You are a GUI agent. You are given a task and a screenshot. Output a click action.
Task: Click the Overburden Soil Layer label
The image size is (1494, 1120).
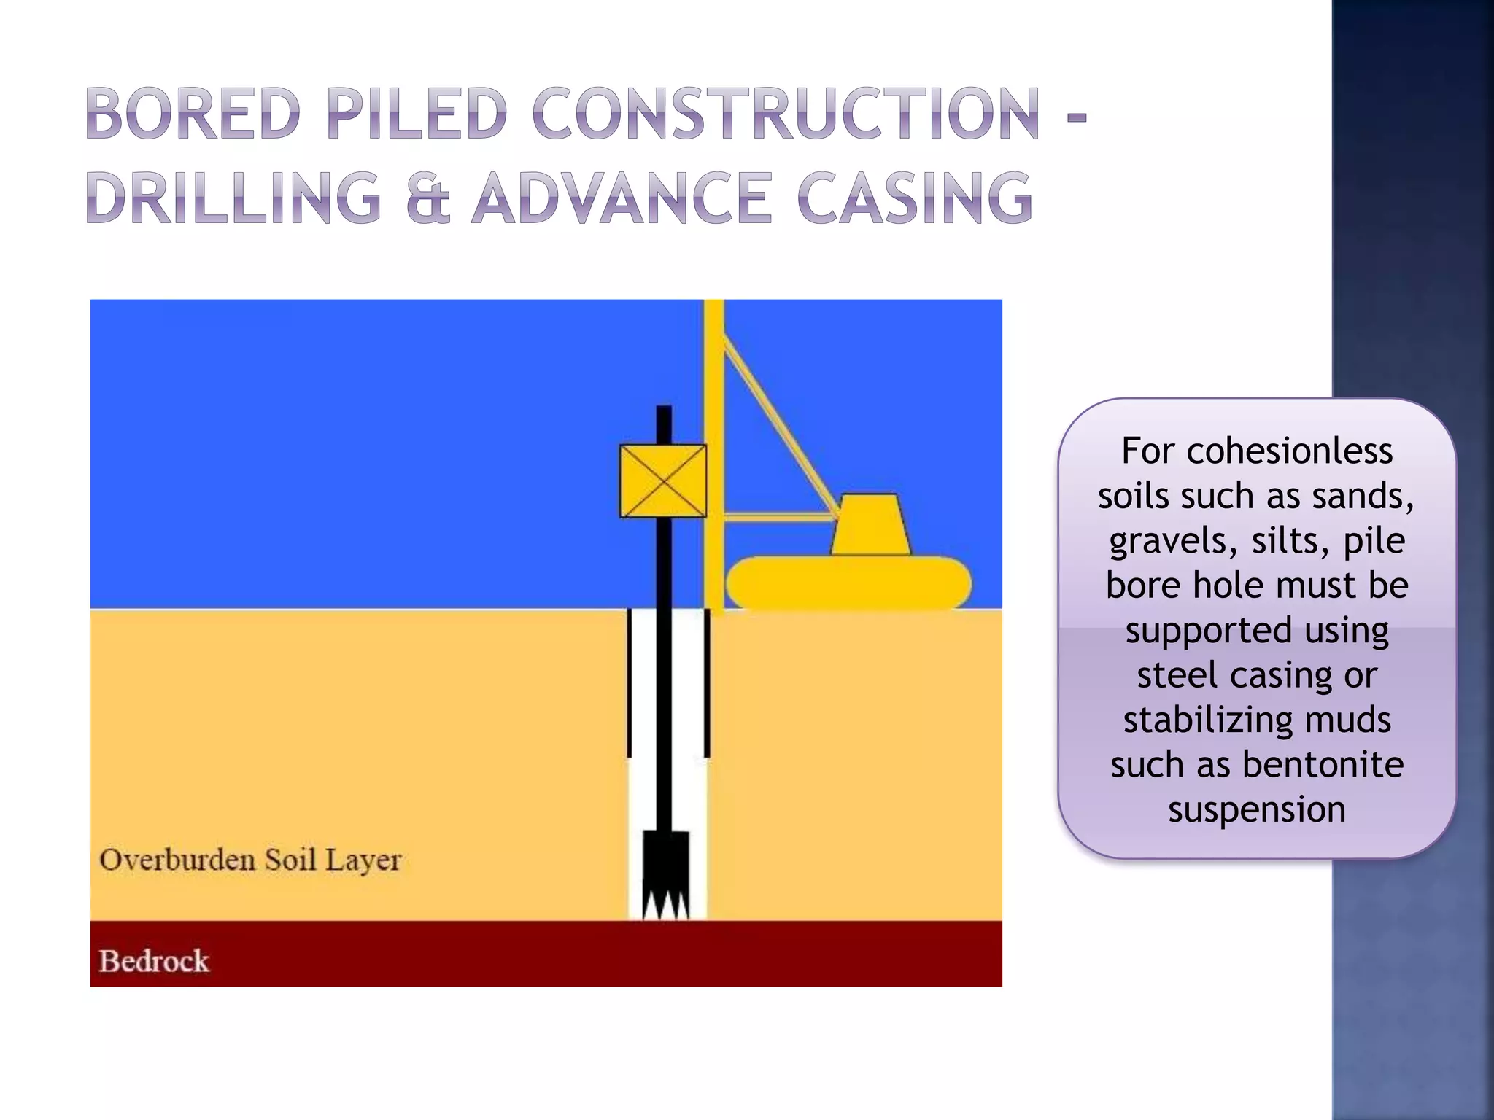[x=250, y=860]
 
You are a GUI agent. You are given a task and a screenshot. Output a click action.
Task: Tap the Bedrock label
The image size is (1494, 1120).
[x=154, y=961]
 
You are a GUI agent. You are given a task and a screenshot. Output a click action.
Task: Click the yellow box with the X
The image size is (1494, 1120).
[x=663, y=481]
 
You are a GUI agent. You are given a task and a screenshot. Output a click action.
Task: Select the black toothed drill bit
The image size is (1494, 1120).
[x=665, y=875]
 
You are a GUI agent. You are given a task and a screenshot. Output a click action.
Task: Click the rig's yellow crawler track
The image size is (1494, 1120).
[x=848, y=582]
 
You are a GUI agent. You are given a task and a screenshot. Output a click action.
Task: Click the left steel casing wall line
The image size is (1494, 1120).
[x=629, y=684]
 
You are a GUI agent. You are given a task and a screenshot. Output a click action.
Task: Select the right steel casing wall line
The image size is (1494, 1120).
[x=706, y=684]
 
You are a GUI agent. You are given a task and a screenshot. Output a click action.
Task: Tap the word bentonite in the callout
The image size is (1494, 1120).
[x=1323, y=765]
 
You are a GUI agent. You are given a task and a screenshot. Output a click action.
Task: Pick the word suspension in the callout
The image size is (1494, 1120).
[x=1257, y=809]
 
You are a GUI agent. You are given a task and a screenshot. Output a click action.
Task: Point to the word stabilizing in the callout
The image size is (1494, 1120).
[x=1207, y=720]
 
